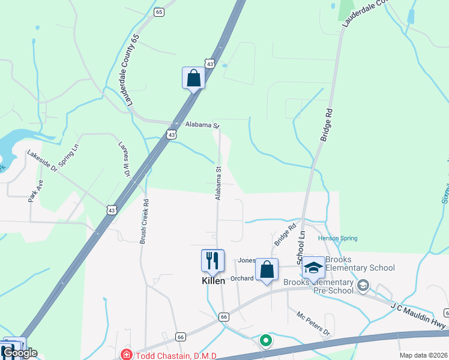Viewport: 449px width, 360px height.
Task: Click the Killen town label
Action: pos(213,281)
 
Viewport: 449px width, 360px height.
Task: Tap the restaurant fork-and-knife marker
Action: pos(212,260)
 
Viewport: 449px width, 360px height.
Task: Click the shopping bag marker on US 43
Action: pos(193,77)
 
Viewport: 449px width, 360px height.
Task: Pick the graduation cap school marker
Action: pos(313,268)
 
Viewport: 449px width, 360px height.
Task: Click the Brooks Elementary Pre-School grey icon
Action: pos(363,285)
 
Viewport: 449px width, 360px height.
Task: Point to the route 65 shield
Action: pos(158,12)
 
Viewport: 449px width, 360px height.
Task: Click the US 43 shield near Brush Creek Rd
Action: pos(112,209)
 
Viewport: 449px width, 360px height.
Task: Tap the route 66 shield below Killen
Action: pos(224,316)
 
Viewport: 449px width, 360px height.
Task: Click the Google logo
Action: pos(19,353)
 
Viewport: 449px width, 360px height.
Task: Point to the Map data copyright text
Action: pos(423,355)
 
